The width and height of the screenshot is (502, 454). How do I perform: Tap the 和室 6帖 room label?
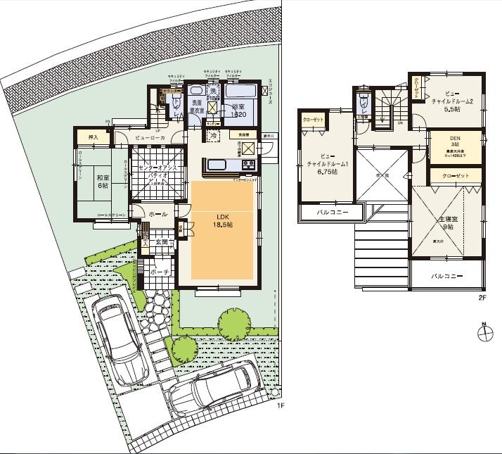(103, 182)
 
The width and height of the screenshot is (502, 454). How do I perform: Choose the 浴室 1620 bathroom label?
(238, 111)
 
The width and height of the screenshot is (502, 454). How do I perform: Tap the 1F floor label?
(280, 406)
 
